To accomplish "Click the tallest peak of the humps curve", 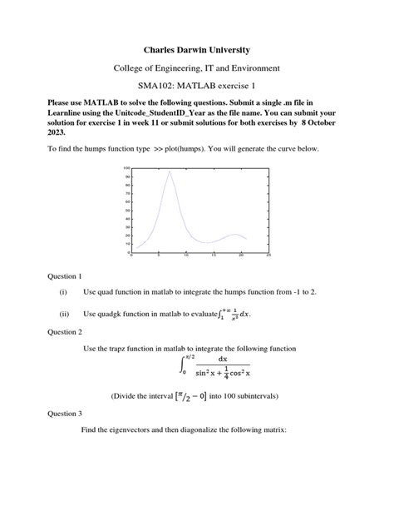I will [x=170, y=172].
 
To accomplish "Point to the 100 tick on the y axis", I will [x=127, y=168].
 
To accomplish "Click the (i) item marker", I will [x=62, y=293].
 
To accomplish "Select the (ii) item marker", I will [x=62, y=315].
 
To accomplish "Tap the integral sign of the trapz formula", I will [x=182, y=365].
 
